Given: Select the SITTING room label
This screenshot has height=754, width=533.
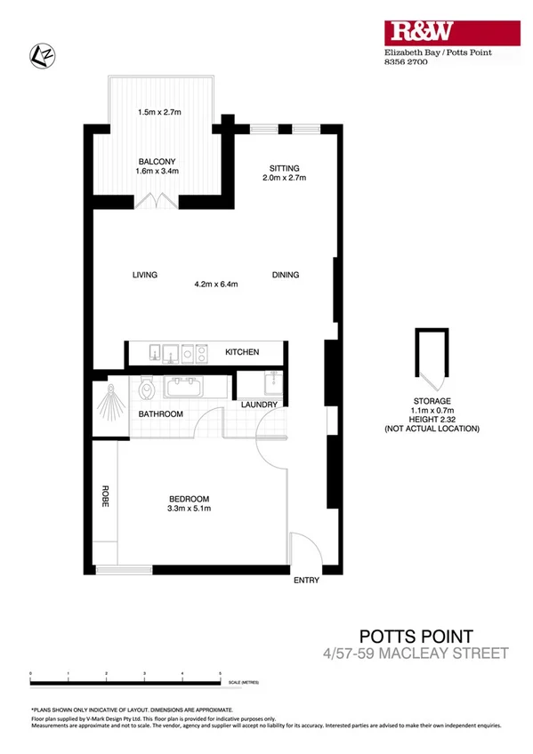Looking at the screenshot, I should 284,167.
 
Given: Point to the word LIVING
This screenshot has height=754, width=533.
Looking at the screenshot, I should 144,275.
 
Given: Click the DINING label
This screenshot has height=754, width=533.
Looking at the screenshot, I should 286,275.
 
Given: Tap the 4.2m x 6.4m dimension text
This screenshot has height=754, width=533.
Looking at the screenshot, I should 216,285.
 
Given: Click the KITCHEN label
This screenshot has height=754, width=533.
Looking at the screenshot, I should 241,352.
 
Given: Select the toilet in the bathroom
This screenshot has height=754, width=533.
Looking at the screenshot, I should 148,388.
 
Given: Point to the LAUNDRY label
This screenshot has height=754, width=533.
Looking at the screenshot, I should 260,405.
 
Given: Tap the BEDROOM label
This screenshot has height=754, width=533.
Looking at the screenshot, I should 190,498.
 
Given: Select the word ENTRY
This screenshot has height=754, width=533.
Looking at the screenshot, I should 306,581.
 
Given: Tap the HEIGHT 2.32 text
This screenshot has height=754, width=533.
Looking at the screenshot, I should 432,419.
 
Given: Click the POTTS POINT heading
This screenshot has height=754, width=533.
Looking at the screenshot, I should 416,636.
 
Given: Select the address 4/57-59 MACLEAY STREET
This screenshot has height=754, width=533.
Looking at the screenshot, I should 416,654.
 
